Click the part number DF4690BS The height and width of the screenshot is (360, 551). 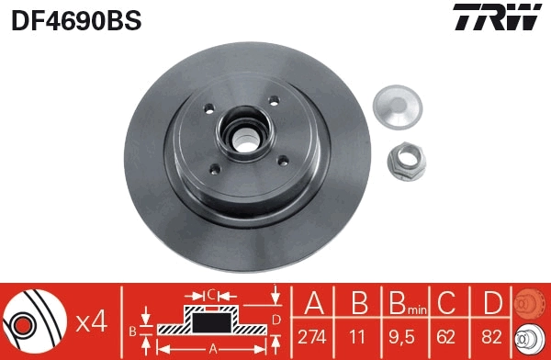[x=75, y=20]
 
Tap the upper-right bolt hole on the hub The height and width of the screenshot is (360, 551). [x=274, y=102]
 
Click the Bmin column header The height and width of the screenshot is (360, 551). [x=407, y=303]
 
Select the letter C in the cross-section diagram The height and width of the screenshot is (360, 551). [x=210, y=294]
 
